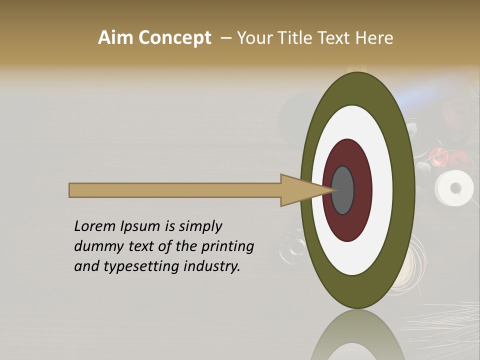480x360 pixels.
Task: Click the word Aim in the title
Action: pyautogui.click(x=116, y=38)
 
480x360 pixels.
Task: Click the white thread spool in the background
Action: pyautogui.click(x=454, y=188)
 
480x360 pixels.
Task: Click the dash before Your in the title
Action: pyautogui.click(x=226, y=38)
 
